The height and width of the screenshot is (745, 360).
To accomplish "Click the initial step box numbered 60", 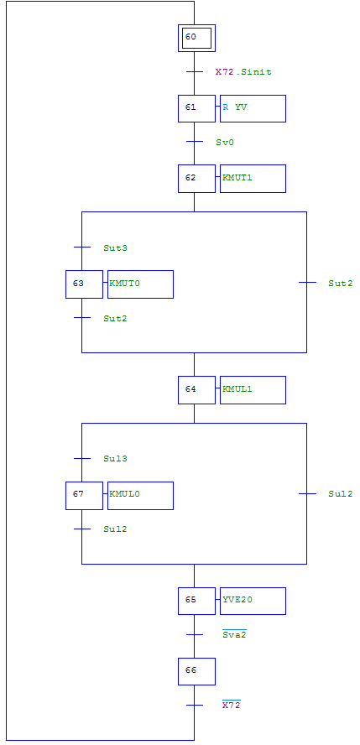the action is click(x=196, y=38).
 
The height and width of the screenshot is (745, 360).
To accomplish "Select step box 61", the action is click(x=196, y=108).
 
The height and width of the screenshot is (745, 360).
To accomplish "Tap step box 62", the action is click(x=196, y=179).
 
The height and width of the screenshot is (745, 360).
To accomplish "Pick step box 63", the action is click(x=84, y=284).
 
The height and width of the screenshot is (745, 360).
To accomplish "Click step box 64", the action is click(x=196, y=390).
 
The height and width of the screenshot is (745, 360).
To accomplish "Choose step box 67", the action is click(x=84, y=496).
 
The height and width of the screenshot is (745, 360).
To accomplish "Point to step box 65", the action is click(x=196, y=601).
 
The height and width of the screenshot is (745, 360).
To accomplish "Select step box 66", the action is click(x=196, y=671).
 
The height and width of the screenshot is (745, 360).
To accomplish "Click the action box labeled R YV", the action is click(x=253, y=108).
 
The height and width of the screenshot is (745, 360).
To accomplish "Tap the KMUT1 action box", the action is click(x=253, y=179).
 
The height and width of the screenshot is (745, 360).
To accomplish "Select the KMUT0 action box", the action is click(x=141, y=284).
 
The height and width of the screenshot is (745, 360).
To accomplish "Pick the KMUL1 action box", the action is click(x=253, y=390).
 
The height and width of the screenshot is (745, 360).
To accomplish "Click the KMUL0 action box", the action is click(x=141, y=496).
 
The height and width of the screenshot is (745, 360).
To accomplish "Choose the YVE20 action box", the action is click(x=253, y=601).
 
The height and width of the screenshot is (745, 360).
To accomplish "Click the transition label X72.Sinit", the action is click(x=243, y=72).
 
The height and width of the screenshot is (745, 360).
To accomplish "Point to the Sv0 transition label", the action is click(x=225, y=142).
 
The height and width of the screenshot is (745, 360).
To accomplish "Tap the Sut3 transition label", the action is click(x=116, y=248).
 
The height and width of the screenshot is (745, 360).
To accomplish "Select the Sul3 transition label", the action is click(x=116, y=459).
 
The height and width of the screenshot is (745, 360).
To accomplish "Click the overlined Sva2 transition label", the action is click(x=234, y=633).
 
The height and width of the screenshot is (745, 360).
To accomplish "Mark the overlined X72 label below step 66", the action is click(x=232, y=705).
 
